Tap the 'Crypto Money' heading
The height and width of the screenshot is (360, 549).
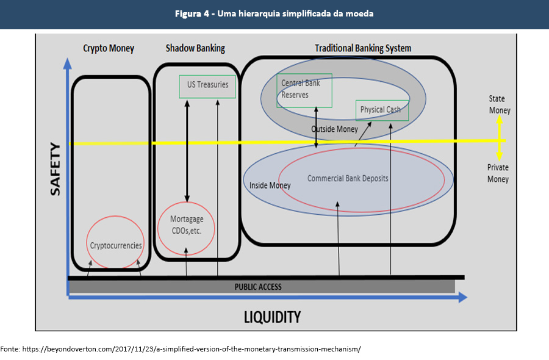pyautogui.click(x=109, y=48)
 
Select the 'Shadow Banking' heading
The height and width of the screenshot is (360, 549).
pyautogui.click(x=195, y=48)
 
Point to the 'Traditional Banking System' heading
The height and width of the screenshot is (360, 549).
pyautogui.click(x=363, y=48)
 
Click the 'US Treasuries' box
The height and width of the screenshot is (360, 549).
pyautogui.click(x=207, y=85)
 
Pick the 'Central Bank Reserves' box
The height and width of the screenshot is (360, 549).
pyautogui.click(x=304, y=90)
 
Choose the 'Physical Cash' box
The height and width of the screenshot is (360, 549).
pyautogui.click(x=381, y=110)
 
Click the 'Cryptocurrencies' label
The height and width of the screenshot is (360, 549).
pyautogui.click(x=116, y=245)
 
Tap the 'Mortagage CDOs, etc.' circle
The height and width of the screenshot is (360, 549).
pyautogui.click(x=187, y=226)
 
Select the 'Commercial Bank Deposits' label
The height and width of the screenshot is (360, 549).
pyautogui.click(x=348, y=179)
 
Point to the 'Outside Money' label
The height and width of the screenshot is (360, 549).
pyautogui.click(x=334, y=129)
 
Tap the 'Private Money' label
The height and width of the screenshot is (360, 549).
pyautogui.click(x=498, y=173)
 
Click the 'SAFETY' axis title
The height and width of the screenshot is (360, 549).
pyautogui.click(x=56, y=169)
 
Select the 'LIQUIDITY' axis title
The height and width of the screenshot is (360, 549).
pyautogui.click(x=272, y=317)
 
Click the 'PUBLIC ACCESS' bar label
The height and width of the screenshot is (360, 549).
pyautogui.click(x=258, y=287)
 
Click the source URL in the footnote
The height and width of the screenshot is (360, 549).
pyautogui.click(x=192, y=350)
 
